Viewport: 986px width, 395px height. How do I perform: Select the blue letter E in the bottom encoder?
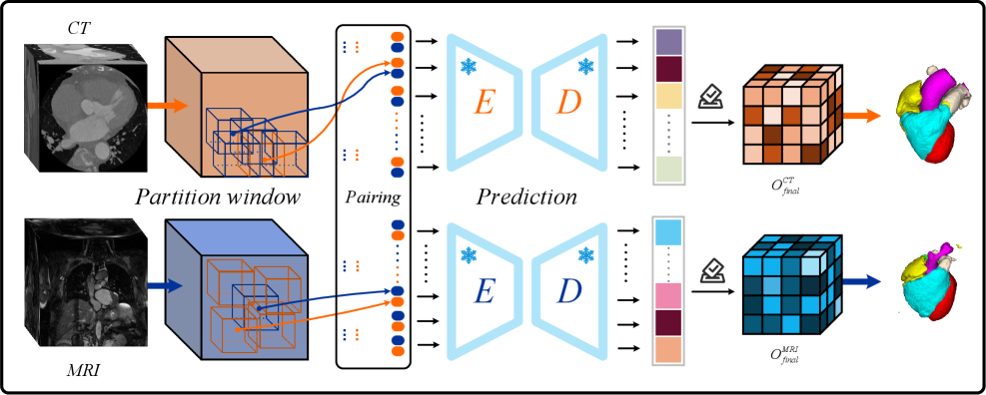[x=484, y=291]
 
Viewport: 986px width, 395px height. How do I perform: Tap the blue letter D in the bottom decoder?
[x=568, y=291]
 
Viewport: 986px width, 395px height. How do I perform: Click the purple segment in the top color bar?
[x=668, y=43]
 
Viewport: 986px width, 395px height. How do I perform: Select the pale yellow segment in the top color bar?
[x=668, y=96]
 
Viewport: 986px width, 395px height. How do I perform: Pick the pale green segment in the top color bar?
[x=668, y=170]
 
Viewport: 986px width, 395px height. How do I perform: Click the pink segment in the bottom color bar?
[x=668, y=296]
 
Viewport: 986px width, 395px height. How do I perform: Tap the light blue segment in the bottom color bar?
[x=668, y=232]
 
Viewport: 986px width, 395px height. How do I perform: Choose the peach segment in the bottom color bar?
[x=668, y=350]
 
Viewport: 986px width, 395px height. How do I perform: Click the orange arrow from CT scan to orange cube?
[x=166, y=105]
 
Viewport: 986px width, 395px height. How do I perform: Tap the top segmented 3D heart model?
[x=931, y=112]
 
